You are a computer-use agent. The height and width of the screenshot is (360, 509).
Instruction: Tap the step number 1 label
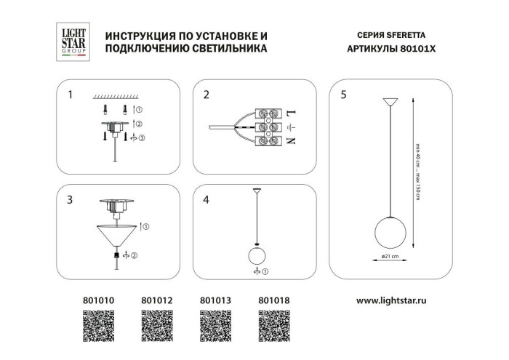pyautogui.click(x=70, y=95)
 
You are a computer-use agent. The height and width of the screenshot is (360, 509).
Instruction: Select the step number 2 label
pyautogui.click(x=207, y=95)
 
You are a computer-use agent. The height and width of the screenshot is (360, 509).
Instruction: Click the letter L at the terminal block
pyautogui.click(x=289, y=114)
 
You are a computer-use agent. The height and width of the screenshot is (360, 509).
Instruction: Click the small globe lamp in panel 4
pyautogui.click(x=256, y=256)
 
